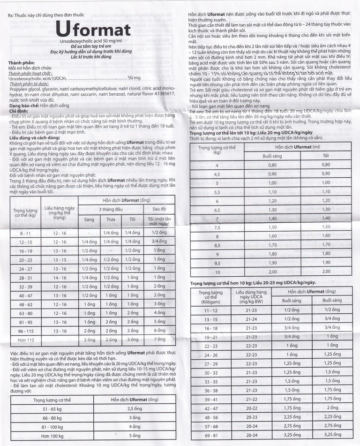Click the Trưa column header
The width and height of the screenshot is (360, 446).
click(x=111, y=219)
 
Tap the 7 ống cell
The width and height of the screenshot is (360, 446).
click(x=159, y=339)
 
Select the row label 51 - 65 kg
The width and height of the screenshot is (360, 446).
click(x=52, y=409)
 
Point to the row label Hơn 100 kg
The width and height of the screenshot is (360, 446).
click(x=52, y=436)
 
